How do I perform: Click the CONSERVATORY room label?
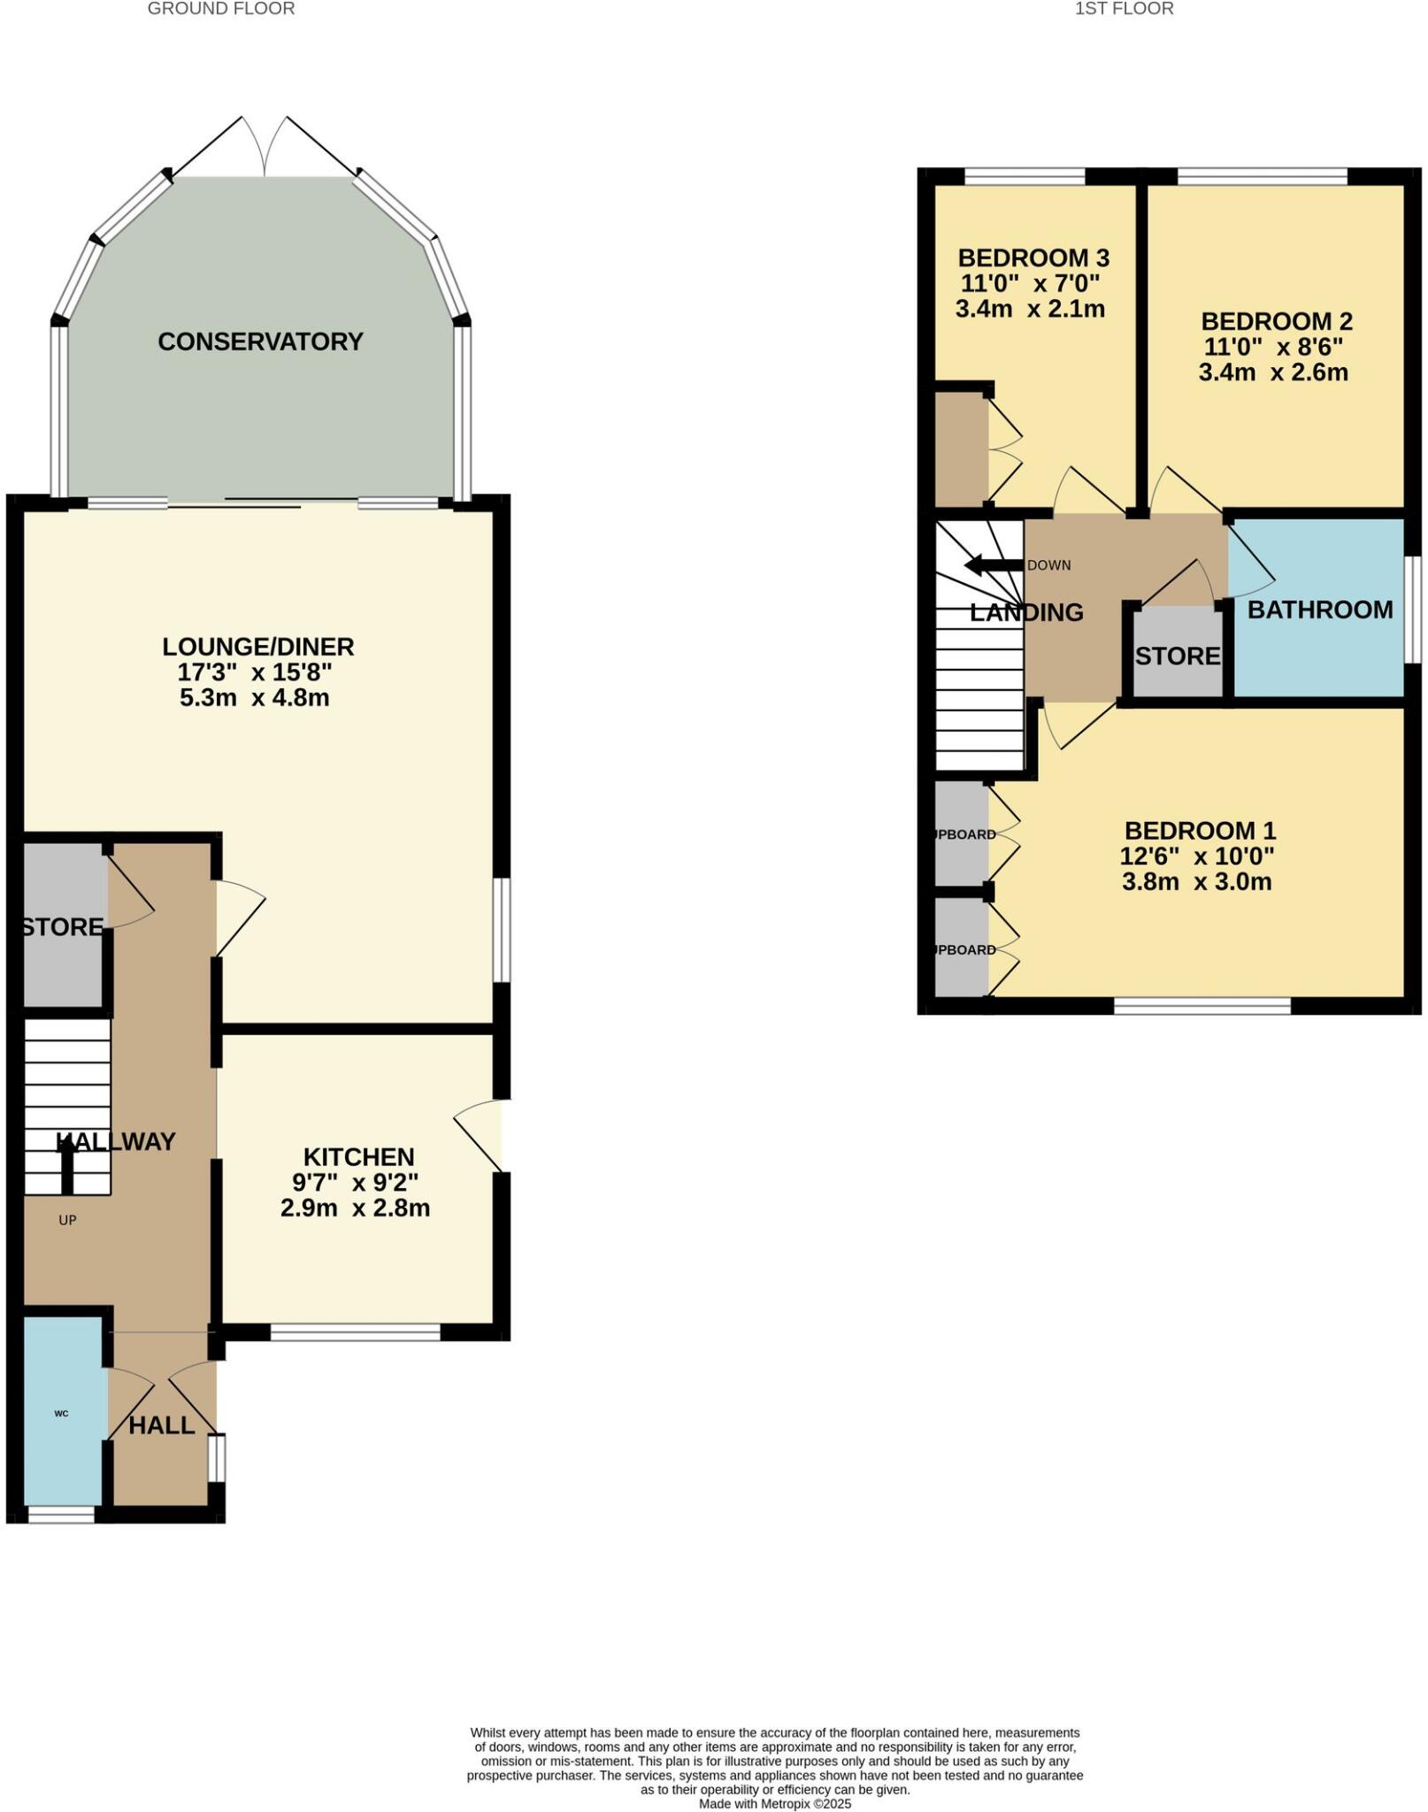click(260, 342)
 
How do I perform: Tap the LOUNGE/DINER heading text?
click(257, 647)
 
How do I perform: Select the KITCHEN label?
click(358, 1157)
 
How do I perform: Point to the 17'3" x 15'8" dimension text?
click(255, 672)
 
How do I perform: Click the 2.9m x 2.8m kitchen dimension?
click(355, 1208)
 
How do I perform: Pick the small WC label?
click(61, 1414)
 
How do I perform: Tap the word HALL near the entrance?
click(161, 1425)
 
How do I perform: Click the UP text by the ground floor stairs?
click(67, 1220)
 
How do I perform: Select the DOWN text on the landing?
click(1049, 565)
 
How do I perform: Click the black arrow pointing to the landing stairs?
click(992, 565)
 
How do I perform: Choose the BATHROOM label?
click(1319, 610)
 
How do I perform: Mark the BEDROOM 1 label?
click(1200, 831)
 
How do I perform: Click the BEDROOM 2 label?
click(1277, 321)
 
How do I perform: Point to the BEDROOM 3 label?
click(1033, 258)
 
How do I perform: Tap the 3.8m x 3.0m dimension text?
click(1196, 881)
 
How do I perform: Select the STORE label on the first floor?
click(1177, 656)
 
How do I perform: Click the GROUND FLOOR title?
click(220, 9)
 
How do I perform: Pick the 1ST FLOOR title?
click(1124, 9)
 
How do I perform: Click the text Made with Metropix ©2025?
click(774, 1803)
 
